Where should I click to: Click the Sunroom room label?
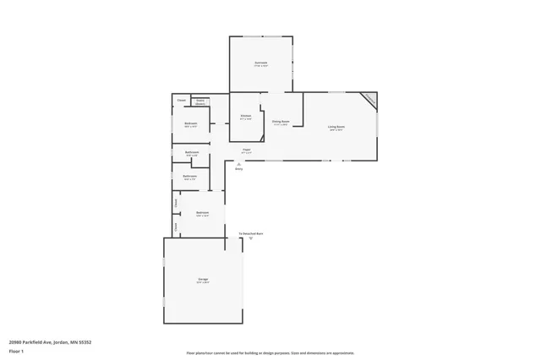click(x=261, y=63)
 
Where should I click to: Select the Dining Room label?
click(x=281, y=122)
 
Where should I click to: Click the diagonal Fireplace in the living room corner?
click(x=369, y=101)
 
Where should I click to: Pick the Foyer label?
click(x=246, y=149)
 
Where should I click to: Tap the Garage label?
click(x=203, y=279)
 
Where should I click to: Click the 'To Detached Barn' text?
click(x=251, y=233)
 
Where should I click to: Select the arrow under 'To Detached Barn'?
click(x=251, y=239)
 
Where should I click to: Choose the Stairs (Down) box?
click(x=200, y=101)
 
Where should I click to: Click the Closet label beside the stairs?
click(x=181, y=101)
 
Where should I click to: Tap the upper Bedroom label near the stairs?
click(x=191, y=124)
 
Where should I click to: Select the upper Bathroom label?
click(x=191, y=153)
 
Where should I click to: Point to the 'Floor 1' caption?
click(x=16, y=350)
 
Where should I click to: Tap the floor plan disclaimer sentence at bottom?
click(x=270, y=352)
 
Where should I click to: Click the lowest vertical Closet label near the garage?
click(x=175, y=226)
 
